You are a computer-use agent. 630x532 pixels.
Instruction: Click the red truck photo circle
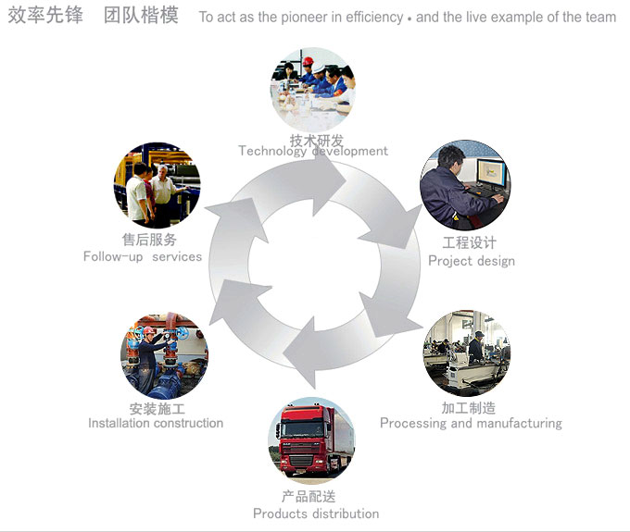312,440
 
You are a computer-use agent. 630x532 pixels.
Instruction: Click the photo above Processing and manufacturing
468,353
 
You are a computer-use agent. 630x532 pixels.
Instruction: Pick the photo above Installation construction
164,355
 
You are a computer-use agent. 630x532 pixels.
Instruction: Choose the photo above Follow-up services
157,185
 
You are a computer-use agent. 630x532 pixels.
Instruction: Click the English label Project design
471,261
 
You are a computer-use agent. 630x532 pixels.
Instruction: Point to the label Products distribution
316,513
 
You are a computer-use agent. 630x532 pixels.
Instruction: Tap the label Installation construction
156,423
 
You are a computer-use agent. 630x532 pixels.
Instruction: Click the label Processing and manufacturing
471,423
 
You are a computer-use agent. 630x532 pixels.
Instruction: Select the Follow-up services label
143,256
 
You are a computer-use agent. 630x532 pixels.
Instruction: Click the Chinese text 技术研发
309,140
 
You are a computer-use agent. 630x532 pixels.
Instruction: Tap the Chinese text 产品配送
309,498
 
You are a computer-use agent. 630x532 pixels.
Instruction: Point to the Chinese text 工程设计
469,243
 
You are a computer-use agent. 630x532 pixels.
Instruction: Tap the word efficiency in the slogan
373,18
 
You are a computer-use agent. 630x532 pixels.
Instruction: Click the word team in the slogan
600,18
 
